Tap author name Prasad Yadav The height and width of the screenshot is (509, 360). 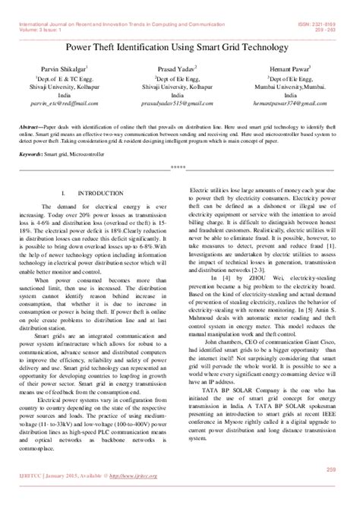pyautogui.click(x=180, y=68)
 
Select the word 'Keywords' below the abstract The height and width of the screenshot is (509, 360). pyautogui.click(x=33, y=153)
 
